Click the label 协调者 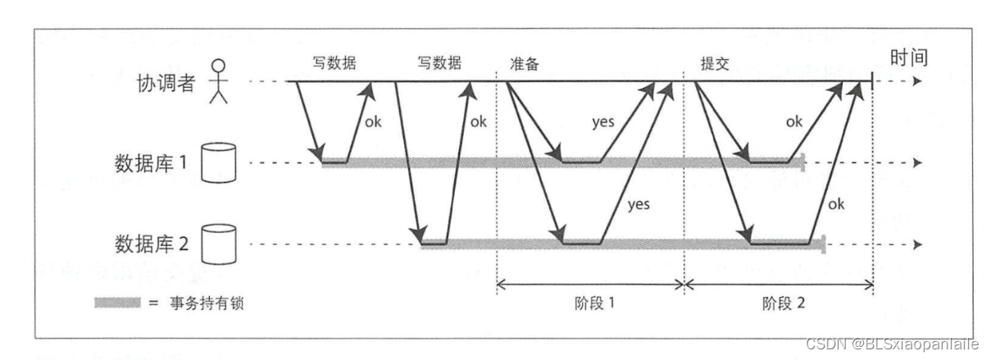[x=166, y=83]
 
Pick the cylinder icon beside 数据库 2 [x=217, y=244]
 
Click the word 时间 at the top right [x=908, y=57]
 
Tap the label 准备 [x=525, y=65]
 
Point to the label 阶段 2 [x=784, y=302]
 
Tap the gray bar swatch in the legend [x=117, y=303]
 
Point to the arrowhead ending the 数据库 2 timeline [x=918, y=244]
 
